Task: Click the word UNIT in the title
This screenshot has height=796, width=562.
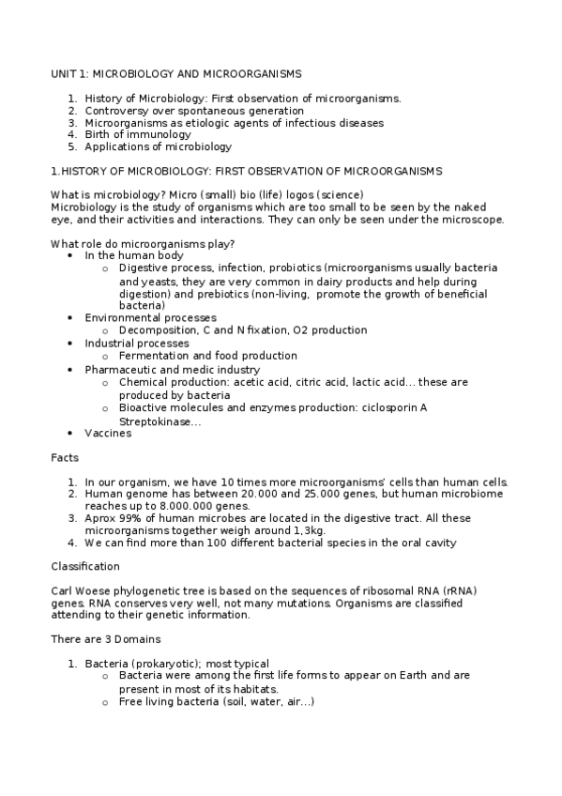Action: pos(64,73)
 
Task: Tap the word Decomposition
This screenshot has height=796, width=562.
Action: pos(158,330)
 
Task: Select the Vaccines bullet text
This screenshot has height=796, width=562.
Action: pos(108,433)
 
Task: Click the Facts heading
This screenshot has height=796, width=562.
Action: pos(65,457)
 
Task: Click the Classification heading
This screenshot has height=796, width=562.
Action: pos(84,567)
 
